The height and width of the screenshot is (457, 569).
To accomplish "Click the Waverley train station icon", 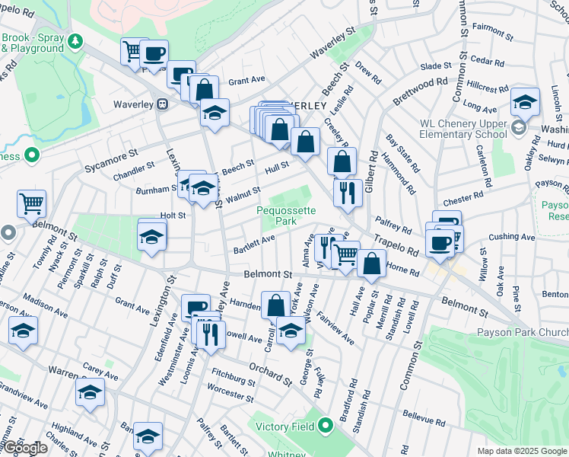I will pyautogui.click(x=162, y=104).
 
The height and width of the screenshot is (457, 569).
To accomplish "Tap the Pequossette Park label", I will pyautogui.click(x=275, y=215).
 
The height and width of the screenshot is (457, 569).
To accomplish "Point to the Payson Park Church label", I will pyautogui.click(x=523, y=332).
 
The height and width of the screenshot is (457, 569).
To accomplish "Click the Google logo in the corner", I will pyautogui.click(x=24, y=448).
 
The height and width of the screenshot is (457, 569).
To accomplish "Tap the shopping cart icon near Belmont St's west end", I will pyautogui.click(x=32, y=203).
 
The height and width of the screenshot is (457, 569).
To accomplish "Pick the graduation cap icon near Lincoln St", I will pyautogui.click(x=525, y=101).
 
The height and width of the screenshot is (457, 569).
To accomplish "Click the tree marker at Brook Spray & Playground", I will pyautogui.click(x=75, y=40).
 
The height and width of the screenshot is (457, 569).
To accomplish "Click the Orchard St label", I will pyautogui.click(x=269, y=373).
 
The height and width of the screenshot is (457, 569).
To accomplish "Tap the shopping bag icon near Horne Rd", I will pyautogui.click(x=372, y=264).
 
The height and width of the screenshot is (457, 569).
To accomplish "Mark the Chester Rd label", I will pyautogui.click(x=463, y=199).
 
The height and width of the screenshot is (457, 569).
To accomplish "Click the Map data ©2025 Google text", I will pyautogui.click(x=523, y=451).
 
